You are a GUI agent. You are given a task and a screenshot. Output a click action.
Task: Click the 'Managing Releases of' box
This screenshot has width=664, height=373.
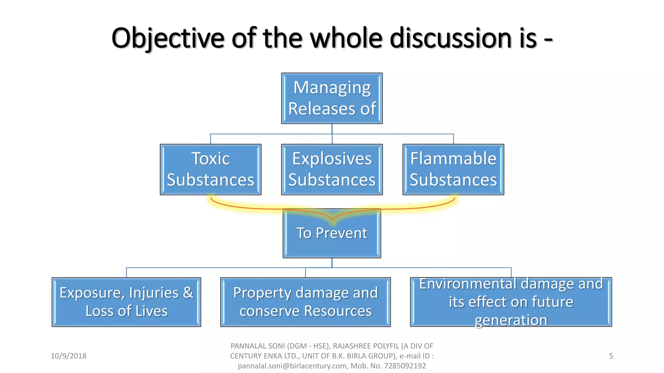coord(332,98)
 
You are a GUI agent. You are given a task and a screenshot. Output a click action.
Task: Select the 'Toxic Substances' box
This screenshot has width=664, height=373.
coord(210,169)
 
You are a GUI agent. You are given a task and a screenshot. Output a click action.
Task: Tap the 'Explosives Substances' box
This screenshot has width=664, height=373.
coord(332,169)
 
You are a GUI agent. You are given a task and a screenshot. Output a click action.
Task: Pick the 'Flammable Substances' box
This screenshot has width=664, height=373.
coord(453,169)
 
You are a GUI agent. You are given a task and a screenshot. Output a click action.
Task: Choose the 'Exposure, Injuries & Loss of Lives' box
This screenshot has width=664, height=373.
coord(126,302)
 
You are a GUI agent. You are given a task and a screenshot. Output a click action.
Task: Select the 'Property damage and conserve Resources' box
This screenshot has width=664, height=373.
coord(305,302)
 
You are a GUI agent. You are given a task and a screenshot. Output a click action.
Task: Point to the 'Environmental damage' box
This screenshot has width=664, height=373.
coord(511,302)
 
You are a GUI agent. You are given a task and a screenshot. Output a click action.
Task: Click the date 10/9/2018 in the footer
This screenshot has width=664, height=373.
coord(68,356)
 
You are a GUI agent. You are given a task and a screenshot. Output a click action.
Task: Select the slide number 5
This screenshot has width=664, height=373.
coord(611,356)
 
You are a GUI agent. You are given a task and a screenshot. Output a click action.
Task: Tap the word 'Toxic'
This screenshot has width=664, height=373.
coord(210,159)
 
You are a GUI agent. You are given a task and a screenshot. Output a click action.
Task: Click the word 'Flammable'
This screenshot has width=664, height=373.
coord(453,159)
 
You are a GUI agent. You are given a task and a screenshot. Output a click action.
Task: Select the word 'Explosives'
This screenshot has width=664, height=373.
coord(332,159)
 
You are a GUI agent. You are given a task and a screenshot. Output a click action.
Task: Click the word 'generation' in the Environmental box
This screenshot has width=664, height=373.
coord(511,320)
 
